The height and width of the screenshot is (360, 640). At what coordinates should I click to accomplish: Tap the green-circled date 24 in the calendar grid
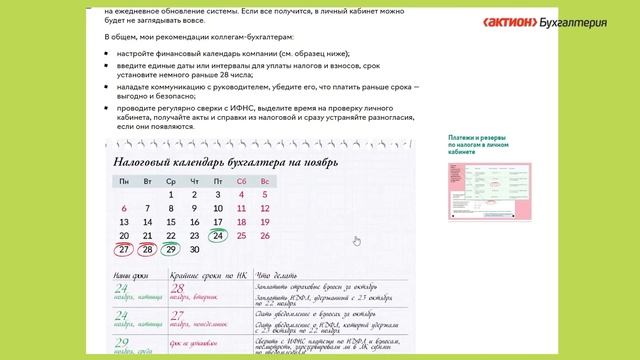[218, 236]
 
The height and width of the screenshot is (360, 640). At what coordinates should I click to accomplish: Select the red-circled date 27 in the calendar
[124, 250]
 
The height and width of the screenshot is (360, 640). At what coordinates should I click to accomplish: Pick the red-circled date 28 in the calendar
[147, 250]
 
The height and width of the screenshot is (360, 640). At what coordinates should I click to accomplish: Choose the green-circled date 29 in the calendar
[171, 250]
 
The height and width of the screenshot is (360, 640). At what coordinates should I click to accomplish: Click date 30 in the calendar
[194, 250]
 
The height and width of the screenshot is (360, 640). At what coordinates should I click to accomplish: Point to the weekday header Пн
[124, 181]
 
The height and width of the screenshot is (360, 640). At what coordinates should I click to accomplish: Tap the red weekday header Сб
[241, 181]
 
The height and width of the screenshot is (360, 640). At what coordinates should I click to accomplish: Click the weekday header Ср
[171, 181]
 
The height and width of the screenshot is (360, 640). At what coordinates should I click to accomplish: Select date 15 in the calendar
[171, 222]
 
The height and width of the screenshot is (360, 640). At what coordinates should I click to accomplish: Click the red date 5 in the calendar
[264, 195]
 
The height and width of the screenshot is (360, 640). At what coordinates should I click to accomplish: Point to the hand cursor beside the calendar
[357, 240]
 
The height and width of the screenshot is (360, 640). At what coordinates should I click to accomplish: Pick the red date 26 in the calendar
[264, 236]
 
